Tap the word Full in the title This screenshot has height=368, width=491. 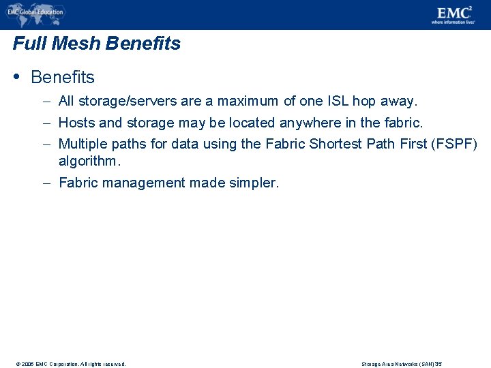(x=28, y=44)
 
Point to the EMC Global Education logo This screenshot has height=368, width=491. (x=35, y=12)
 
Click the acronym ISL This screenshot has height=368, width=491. (x=338, y=102)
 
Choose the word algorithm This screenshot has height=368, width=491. (x=89, y=162)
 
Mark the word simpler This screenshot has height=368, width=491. (x=254, y=183)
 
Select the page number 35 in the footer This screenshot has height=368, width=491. (x=438, y=364)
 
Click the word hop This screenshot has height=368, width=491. (x=365, y=102)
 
